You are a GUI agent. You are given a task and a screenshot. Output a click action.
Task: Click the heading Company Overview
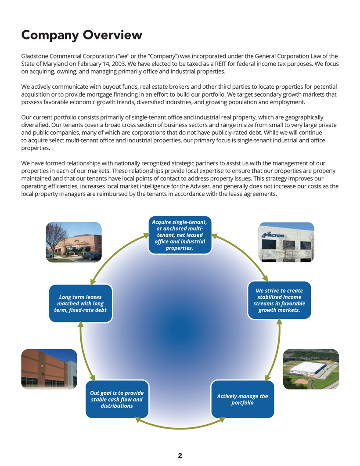click(x=82, y=35)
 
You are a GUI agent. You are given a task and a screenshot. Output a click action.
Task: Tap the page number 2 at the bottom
click(x=180, y=455)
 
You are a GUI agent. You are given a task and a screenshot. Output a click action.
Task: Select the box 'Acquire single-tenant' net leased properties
click(x=180, y=235)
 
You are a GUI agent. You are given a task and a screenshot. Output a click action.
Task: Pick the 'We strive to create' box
click(x=279, y=300)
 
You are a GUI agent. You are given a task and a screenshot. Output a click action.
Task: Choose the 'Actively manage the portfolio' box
click(x=242, y=399)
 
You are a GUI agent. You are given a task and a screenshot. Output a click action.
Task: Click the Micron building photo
click(x=286, y=242)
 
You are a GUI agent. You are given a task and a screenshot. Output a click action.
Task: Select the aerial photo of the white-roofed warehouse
click(x=311, y=369)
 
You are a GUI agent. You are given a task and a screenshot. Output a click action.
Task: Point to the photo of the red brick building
click(x=49, y=369)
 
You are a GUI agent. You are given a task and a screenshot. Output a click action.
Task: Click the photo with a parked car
click(x=74, y=242)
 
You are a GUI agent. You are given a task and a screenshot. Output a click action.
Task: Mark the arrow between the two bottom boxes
click(x=180, y=425)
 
